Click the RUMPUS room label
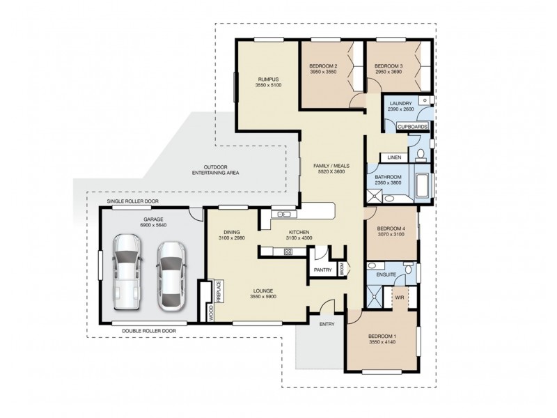click(268, 79)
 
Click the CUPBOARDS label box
click(411, 126)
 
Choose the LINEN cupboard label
click(394, 157)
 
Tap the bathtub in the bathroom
click(423, 186)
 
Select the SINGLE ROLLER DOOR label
click(132, 201)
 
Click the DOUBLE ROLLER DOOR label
click(148, 331)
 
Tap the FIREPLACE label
click(218, 292)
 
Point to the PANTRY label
click(322, 270)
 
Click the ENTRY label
click(327, 324)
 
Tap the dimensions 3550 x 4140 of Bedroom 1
click(382, 342)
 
